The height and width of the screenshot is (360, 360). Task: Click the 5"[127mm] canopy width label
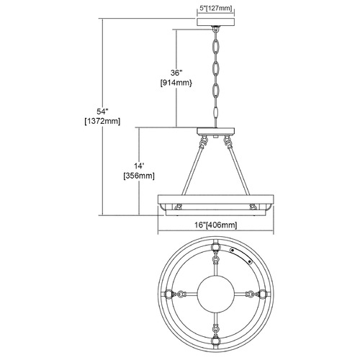[x=216, y=9]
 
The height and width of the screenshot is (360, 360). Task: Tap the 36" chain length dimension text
[x=176, y=73]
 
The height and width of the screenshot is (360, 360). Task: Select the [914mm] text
[x=176, y=83]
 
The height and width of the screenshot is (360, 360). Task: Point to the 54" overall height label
[x=102, y=111]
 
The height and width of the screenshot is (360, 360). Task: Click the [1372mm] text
[x=102, y=122]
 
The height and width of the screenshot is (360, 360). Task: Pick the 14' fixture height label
[x=139, y=166]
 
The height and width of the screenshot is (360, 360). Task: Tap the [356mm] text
[x=139, y=176]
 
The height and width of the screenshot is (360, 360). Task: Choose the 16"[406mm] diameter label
[x=216, y=225]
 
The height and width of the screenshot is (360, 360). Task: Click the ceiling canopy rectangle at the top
[x=216, y=22]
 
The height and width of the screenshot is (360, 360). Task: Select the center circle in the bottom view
[x=216, y=294]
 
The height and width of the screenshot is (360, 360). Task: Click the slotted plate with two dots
[x=241, y=256]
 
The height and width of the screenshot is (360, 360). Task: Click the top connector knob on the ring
[x=216, y=247]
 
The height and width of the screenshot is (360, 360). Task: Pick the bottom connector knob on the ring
[x=216, y=341]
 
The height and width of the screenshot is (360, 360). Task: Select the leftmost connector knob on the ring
[x=169, y=294]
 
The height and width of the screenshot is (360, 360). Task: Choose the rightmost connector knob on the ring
[x=263, y=294]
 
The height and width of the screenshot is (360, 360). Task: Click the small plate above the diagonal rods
[x=216, y=131]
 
